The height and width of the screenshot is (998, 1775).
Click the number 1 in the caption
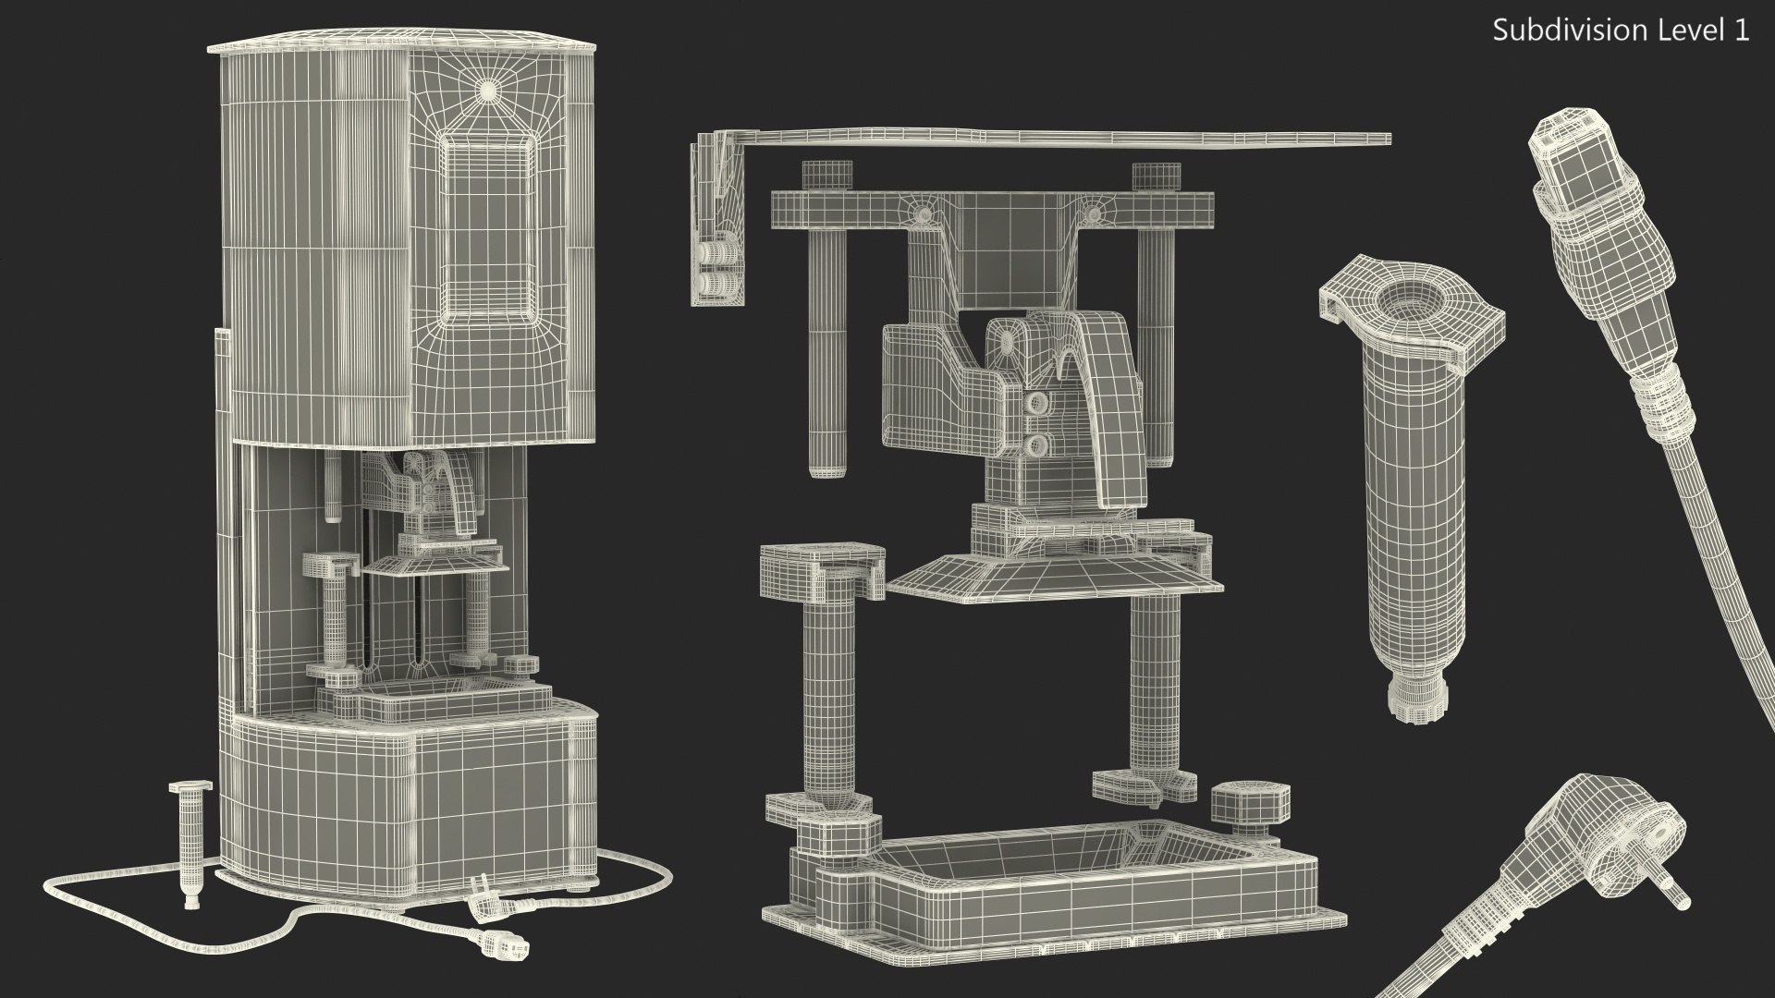1741,30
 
